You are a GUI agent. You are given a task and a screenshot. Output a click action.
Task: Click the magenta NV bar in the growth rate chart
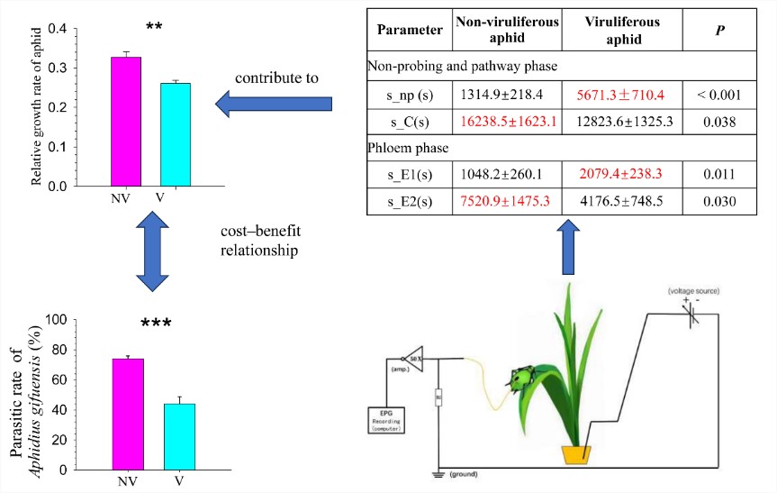[125, 122]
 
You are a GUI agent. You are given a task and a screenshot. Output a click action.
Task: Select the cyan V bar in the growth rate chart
[176, 134]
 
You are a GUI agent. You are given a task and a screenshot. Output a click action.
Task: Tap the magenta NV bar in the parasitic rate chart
[127, 414]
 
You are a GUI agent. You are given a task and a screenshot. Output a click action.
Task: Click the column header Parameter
[410, 30]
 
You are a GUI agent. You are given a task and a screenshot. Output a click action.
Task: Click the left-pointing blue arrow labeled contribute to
[274, 105]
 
